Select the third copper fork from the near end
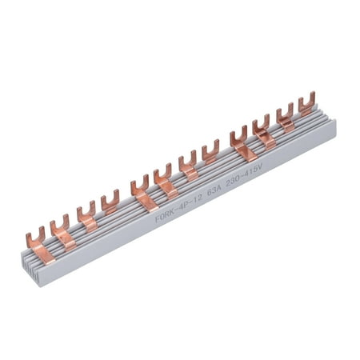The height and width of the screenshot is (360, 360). tap(86, 212)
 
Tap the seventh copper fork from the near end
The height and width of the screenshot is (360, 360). tap(188, 160)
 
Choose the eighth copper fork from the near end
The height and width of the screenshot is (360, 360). tap(210, 149)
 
